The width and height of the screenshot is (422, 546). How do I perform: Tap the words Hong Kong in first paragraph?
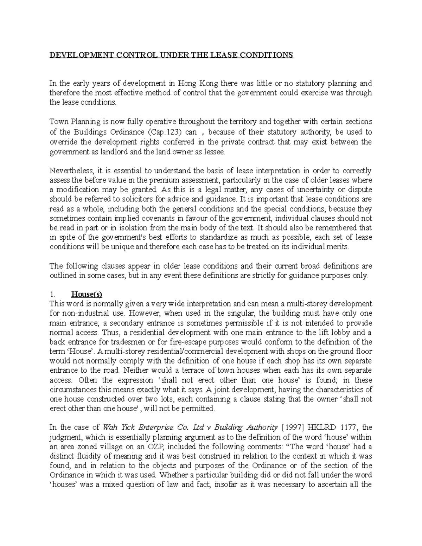point(192,83)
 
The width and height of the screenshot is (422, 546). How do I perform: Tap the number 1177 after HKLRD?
point(347,428)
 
